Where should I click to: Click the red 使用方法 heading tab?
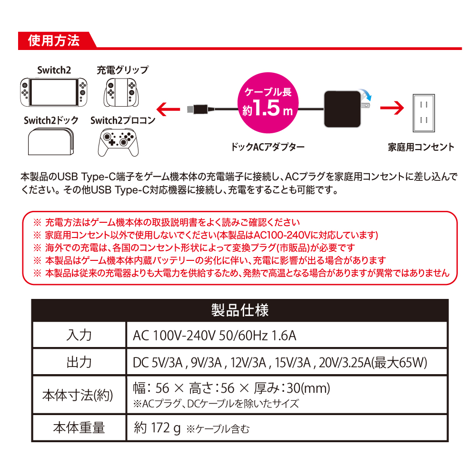(56, 40)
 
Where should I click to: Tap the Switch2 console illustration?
(54, 92)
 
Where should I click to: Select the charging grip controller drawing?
(121, 93)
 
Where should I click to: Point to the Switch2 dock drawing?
(51, 141)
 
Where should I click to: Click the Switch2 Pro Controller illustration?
(119, 142)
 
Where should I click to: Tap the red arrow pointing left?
(168, 109)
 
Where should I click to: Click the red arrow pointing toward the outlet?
(392, 108)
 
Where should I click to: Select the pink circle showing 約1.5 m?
(268, 103)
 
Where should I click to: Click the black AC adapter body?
(342, 109)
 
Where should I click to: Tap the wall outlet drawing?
(424, 113)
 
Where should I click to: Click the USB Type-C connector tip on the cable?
(191, 109)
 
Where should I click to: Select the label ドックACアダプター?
(268, 147)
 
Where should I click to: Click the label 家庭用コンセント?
(421, 147)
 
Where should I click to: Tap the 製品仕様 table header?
(240, 310)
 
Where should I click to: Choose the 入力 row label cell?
(79, 335)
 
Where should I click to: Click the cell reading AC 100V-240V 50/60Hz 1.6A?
(214, 336)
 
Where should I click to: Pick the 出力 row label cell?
(79, 362)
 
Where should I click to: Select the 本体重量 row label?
(79, 427)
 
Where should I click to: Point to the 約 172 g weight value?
(157, 428)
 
